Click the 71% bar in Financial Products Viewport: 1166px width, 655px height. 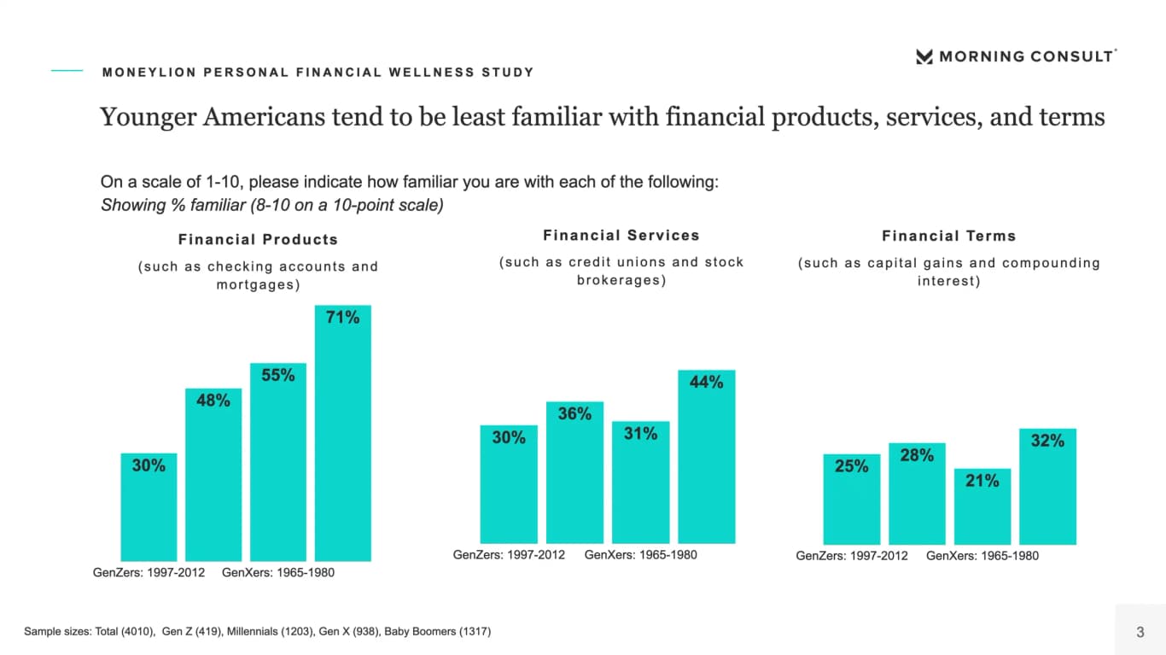tap(342, 433)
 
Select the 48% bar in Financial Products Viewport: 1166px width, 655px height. tap(213, 474)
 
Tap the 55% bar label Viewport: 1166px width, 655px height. tap(278, 375)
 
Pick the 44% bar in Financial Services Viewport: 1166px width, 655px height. tap(707, 457)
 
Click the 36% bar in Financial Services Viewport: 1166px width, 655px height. tap(574, 472)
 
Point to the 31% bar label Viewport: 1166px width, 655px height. tap(640, 433)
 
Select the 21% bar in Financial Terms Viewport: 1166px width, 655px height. tap(982, 506)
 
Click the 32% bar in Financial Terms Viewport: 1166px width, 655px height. tap(1047, 486)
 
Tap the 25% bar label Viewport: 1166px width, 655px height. tap(852, 465)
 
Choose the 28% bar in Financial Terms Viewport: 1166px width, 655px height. tap(917, 494)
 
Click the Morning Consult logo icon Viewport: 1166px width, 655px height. tap(924, 56)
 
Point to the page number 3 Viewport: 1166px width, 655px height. tap(1140, 632)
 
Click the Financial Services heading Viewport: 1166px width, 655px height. tap(621, 236)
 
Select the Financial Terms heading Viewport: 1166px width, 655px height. tap(948, 236)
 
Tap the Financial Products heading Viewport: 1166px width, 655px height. tap(258, 239)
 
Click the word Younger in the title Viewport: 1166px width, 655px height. tap(148, 117)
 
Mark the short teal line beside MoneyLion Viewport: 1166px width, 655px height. tap(67, 70)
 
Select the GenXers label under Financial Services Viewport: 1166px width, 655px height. tap(640, 555)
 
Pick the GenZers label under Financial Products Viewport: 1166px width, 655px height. tap(149, 573)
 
